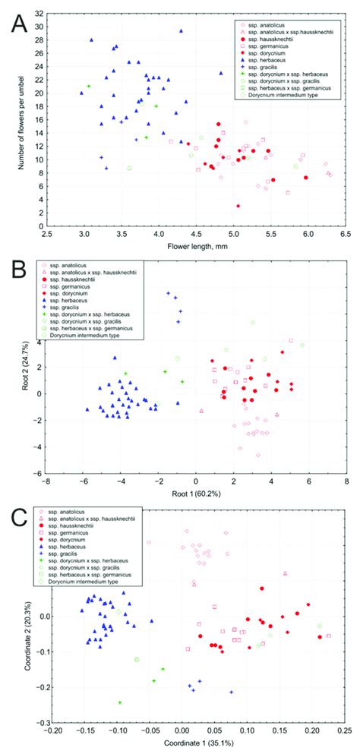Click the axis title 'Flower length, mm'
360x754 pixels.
[195, 248]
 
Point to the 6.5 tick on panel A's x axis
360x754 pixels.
[346, 235]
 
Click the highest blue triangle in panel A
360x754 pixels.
[181, 31]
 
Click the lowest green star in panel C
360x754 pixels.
[119, 702]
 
